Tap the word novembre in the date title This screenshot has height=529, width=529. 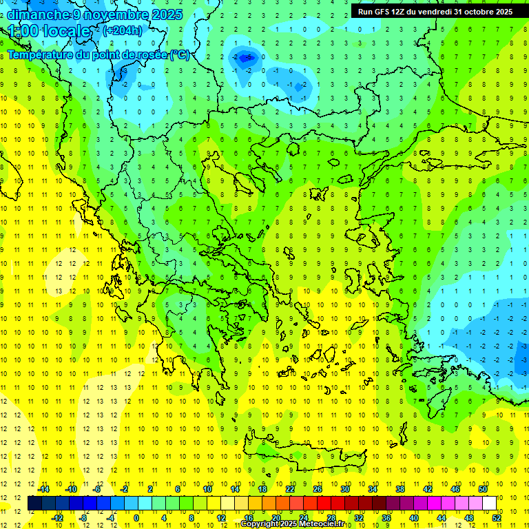[103, 14]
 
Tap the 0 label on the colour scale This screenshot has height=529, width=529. [136, 518]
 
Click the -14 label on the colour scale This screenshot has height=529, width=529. [43, 489]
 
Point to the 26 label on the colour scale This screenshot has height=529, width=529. [317, 489]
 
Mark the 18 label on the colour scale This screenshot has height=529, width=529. [262, 489]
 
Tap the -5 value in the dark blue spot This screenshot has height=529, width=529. [249, 58]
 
